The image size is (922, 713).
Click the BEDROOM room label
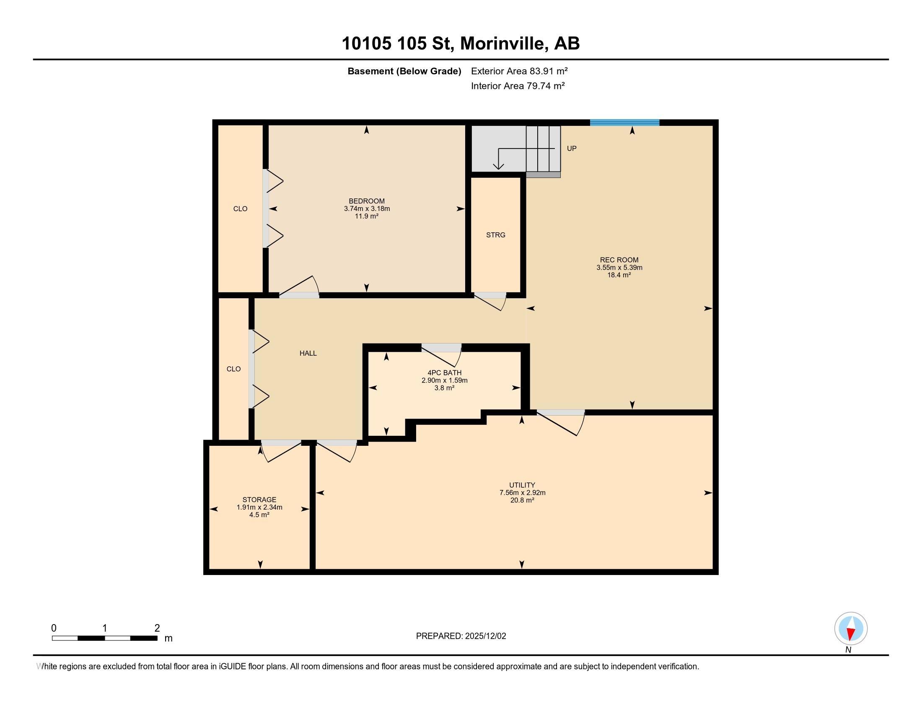(366, 201)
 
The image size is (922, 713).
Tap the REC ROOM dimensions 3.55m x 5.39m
(619, 268)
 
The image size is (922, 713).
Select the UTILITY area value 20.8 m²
(522, 500)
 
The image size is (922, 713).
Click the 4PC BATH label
(444, 372)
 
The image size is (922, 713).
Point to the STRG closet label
(495, 235)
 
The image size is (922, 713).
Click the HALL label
(308, 353)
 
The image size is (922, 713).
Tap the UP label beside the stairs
(571, 148)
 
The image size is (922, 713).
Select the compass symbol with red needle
(851, 628)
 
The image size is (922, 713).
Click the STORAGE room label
(259, 499)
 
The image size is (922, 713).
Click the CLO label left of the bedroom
(240, 209)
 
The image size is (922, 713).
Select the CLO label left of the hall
(233, 369)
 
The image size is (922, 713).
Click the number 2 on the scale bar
(157, 628)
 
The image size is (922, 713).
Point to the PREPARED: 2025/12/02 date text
(461, 636)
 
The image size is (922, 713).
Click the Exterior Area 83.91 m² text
(519, 71)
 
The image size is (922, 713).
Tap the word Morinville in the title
(502, 44)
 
